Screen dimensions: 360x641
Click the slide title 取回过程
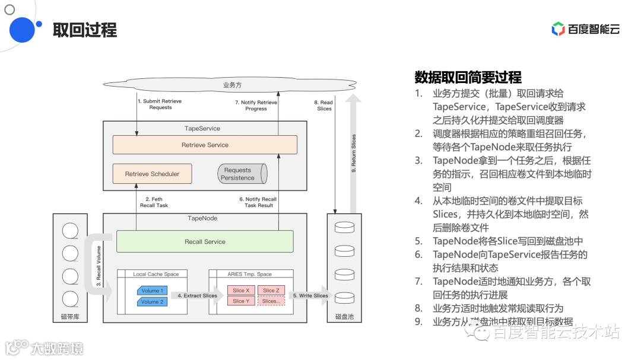coord(85,30)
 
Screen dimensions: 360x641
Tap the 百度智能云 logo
coord(585,28)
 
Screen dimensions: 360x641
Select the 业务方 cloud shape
coord(232,85)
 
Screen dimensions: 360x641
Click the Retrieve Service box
coord(205,145)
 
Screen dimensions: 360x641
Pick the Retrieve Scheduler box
coord(152,174)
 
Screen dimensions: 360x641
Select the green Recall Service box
coord(205,241)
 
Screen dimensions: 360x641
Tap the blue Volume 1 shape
coord(151,291)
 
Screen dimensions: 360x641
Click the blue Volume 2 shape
coord(151,302)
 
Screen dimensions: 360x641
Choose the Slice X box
coord(241,291)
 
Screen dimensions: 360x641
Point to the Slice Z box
coord(271,291)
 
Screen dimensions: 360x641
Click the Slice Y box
coord(241,301)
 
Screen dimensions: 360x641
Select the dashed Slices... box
coord(271,301)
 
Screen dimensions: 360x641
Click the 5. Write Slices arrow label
coord(310,295)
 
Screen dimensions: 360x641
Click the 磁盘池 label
coord(344,317)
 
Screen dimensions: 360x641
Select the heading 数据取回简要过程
coord(468,77)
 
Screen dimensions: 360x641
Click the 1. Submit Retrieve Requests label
coord(160,104)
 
